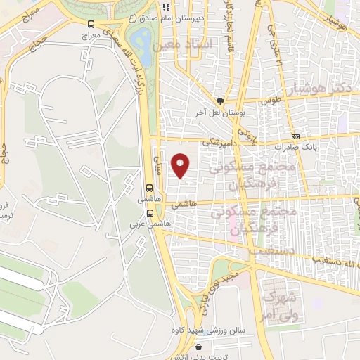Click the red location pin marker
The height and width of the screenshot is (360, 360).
coord(181,165)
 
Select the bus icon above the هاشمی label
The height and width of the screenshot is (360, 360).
coord(149,188)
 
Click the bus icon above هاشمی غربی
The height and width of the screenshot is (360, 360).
coord(149,216)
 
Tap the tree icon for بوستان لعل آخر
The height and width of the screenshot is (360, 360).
coord(220,101)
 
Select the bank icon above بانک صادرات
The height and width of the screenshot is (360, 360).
coord(296,136)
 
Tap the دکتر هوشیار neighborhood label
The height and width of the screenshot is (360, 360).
coord(319,89)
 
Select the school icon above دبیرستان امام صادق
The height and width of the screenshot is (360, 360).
coord(167,7)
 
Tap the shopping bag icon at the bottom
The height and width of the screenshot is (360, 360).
coord(199,347)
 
